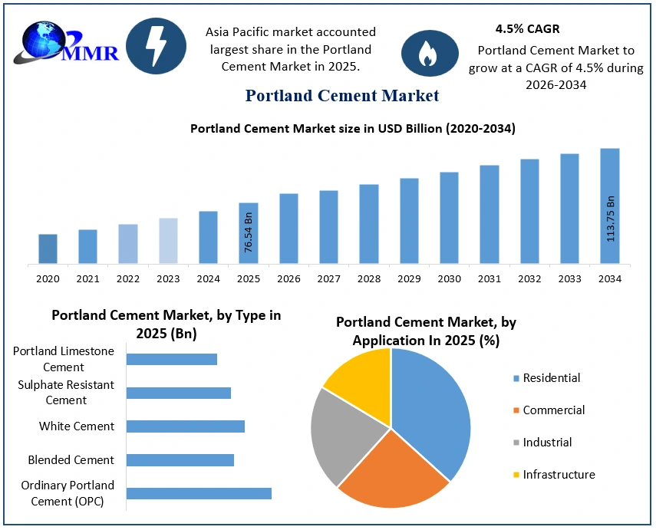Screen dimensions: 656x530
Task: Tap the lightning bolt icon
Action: [156, 46]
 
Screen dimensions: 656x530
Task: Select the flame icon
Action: [430, 53]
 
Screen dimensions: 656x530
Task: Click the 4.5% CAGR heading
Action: [527, 29]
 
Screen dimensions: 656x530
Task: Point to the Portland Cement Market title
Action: [341, 96]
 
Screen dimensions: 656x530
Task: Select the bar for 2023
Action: [168, 241]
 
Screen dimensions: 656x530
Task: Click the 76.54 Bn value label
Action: [248, 232]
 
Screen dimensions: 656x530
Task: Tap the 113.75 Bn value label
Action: [611, 219]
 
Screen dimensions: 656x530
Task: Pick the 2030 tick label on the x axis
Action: [450, 279]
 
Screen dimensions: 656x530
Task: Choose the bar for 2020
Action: [48, 249]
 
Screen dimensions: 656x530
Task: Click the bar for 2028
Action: [369, 224]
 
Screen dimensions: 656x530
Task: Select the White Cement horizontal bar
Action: [186, 426]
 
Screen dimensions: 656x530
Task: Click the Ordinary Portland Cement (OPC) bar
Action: [199, 494]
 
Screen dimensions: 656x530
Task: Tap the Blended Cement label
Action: [71, 460]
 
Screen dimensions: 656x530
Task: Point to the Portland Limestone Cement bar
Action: [172, 359]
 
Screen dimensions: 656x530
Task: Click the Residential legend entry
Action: [546, 378]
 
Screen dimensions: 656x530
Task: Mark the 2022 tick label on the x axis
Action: [128, 279]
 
